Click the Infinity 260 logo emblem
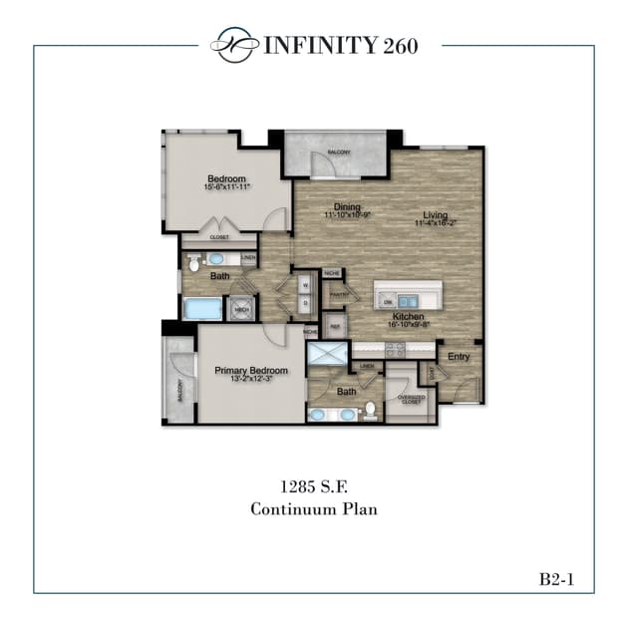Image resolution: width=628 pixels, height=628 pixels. coord(231,44)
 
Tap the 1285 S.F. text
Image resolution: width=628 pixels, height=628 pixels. coord(313,486)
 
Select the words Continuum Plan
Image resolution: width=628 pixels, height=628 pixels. coord(313,508)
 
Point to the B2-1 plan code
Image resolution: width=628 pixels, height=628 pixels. coord(559,577)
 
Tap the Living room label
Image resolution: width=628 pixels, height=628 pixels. coord(435,215)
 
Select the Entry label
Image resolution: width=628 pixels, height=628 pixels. coord(459,356)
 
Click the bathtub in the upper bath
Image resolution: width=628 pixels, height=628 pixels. coord(203,308)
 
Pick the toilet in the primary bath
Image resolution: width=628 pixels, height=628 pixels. coord(368,410)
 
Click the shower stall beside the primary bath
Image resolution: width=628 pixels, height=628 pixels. coord(327,354)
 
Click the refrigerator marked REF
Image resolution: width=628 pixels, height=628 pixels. coord(335,324)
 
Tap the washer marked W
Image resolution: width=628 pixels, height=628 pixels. coord(305,285)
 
